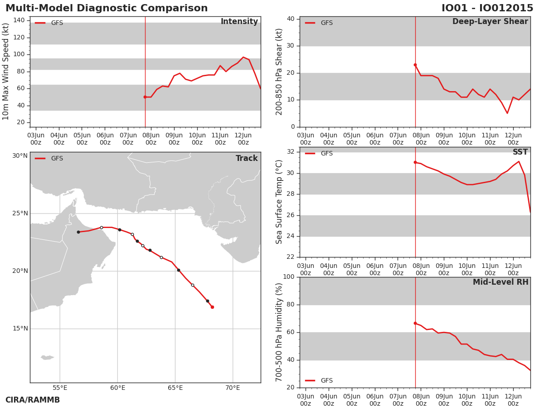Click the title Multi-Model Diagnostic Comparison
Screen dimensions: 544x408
pos(107,8)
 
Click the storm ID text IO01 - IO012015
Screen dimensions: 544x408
pos(487,8)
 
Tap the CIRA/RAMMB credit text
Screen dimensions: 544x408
pos(33,400)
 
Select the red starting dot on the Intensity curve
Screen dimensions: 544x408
pos(145,97)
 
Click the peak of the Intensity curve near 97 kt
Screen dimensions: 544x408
pos(243,57)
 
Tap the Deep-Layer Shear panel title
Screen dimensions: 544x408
pos(490,22)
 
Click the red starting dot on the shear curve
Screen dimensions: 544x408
pos(415,65)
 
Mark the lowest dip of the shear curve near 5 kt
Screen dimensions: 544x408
pos(507,113)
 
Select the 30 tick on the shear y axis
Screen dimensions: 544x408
pos(291,46)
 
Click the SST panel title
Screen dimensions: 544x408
pos(520,152)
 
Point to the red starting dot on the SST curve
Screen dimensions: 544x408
pos(415,162)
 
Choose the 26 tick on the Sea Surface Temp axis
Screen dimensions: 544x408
pos(291,215)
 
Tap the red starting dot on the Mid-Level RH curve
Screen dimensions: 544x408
pos(415,323)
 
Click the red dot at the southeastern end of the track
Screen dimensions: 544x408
pos(213,307)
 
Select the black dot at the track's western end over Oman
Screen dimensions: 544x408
pos(78,232)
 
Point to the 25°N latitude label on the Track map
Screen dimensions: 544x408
pos(20,213)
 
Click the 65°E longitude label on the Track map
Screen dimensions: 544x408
pos(175,388)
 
